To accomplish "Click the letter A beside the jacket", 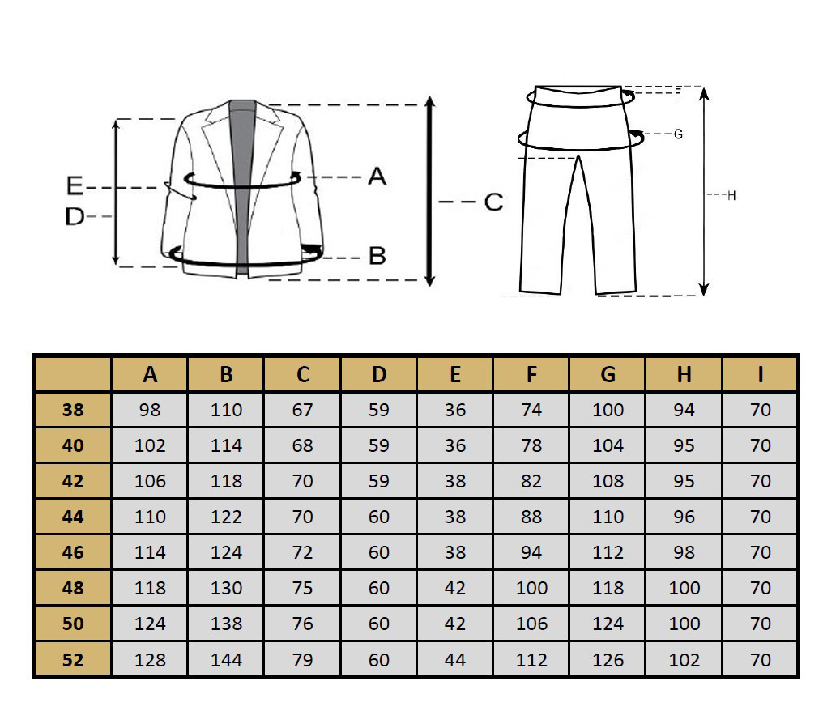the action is (x=377, y=177).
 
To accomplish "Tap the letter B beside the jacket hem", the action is (x=377, y=255).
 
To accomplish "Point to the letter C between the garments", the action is (x=493, y=202).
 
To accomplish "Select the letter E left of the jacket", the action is (x=75, y=185).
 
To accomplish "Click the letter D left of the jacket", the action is (x=75, y=216).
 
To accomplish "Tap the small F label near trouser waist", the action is (x=678, y=93).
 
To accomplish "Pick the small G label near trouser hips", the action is (x=678, y=134).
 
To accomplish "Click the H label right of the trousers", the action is (x=731, y=195).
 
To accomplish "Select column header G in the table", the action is (x=608, y=374).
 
